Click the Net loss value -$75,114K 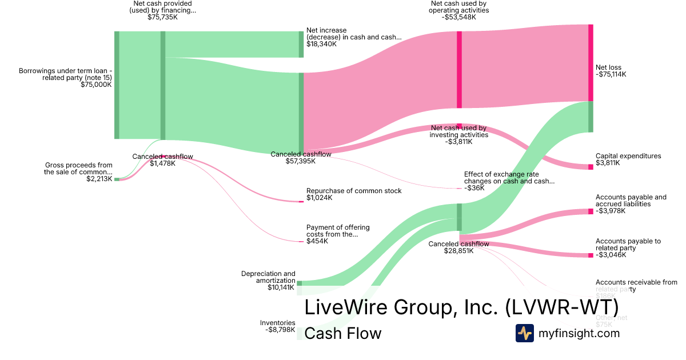[x=611, y=74]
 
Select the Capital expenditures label [x=628, y=156]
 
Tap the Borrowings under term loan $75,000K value [x=96, y=85]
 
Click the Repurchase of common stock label [x=354, y=191]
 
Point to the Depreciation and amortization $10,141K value [x=281, y=287]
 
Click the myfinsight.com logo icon [x=524, y=333]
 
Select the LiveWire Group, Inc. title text [x=461, y=307]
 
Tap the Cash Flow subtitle [x=342, y=333]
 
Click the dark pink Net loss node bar [x=591, y=63]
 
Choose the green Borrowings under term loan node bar [x=117, y=85]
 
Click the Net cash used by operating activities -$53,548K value [x=458, y=17]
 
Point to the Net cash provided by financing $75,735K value [x=162, y=17]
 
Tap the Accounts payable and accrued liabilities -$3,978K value [x=611, y=211]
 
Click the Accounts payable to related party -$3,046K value [x=611, y=255]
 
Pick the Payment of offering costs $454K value [x=317, y=241]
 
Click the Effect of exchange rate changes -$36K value [x=474, y=188]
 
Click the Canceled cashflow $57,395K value [x=301, y=161]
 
